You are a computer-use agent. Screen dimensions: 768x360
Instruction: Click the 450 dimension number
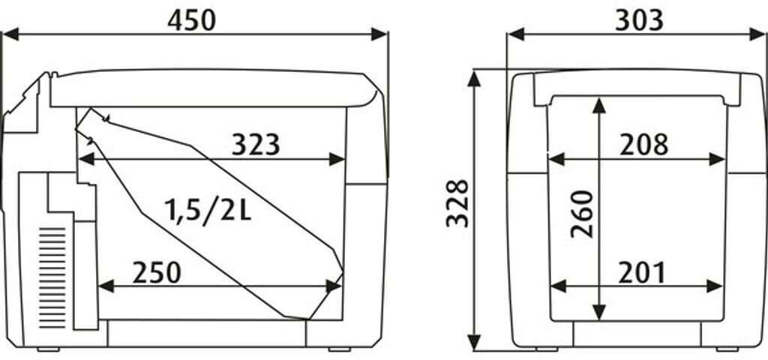click(191, 20)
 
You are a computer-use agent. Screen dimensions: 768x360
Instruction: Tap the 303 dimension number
click(639, 20)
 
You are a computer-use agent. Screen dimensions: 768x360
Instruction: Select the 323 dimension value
click(256, 145)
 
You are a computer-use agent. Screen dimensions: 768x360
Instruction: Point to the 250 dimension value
click(157, 273)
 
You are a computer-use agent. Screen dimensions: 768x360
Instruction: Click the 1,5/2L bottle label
click(208, 211)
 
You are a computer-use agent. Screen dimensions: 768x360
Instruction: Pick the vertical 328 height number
click(457, 203)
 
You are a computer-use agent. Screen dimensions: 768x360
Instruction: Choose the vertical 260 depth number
click(582, 214)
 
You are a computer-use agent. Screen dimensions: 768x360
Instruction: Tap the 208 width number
click(643, 145)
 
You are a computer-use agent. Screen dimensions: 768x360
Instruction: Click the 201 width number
click(642, 273)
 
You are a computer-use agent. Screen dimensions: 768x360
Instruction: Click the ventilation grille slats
click(52, 277)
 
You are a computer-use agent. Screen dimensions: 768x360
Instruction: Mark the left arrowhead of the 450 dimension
click(10, 34)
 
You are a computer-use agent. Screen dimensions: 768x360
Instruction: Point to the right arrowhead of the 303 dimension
click(757, 34)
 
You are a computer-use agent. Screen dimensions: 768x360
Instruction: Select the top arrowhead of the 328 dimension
click(474, 78)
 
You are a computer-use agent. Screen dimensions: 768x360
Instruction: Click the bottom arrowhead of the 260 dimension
click(599, 312)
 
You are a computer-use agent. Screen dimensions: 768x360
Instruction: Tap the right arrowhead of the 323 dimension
click(337, 159)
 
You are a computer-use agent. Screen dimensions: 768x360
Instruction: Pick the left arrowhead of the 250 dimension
click(106, 286)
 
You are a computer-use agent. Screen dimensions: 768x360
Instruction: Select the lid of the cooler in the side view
click(214, 88)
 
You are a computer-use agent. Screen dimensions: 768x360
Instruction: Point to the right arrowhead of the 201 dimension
click(715, 286)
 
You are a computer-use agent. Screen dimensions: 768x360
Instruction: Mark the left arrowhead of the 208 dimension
click(556, 159)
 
